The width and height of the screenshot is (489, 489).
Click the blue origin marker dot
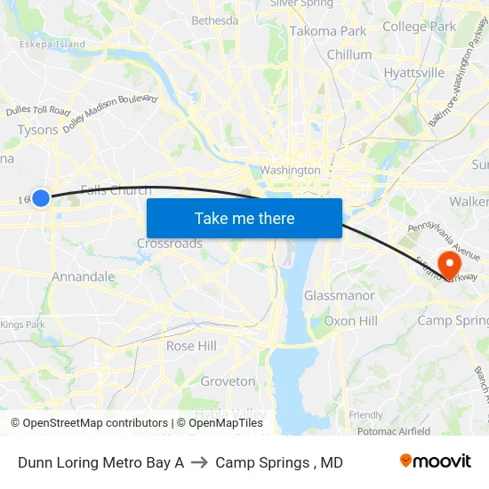click(x=40, y=197)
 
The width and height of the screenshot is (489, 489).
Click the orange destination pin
click(x=450, y=264)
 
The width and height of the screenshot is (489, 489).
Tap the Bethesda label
click(x=215, y=20)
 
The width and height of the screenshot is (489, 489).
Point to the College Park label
click(x=419, y=27)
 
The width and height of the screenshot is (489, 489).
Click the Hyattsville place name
click(x=414, y=73)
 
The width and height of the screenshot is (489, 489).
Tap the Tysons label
click(x=38, y=130)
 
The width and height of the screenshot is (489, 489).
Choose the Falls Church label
click(x=116, y=189)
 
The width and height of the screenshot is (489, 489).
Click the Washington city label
click(x=290, y=170)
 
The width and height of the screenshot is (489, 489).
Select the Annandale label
click(x=83, y=277)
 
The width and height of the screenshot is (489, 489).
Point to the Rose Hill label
click(x=191, y=346)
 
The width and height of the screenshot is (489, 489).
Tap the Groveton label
click(x=228, y=381)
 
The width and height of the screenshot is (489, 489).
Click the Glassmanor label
click(x=339, y=295)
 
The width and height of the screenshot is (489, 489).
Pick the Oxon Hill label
click(x=350, y=321)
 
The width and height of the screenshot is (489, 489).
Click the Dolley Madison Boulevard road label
click(x=110, y=113)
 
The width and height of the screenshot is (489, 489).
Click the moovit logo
click(x=436, y=461)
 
